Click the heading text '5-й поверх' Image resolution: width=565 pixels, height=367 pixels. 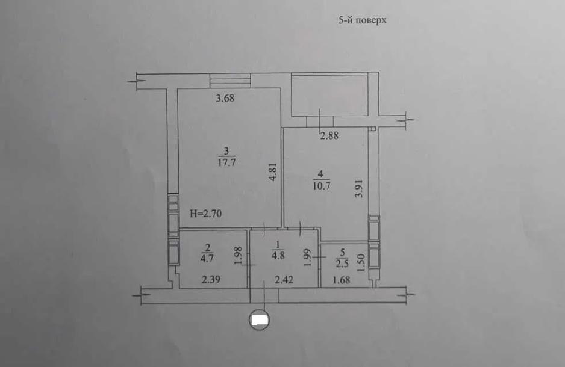click(362, 20)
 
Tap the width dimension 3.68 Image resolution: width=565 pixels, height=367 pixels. click(225, 98)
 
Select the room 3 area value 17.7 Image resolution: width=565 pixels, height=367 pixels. click(226, 162)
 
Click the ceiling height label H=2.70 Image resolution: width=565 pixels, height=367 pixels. click(206, 214)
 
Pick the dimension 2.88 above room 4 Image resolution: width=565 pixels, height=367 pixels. click(329, 135)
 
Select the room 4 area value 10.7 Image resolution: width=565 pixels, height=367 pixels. click(322, 187)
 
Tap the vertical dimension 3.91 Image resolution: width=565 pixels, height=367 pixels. click(358, 188)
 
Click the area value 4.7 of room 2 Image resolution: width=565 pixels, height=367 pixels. click(207, 258)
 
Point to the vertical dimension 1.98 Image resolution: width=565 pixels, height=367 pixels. click(238, 256)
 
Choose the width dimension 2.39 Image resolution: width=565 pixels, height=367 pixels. click(211, 280)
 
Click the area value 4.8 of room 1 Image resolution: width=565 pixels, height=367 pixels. click(278, 256)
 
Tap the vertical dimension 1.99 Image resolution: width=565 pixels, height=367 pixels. click(307, 258)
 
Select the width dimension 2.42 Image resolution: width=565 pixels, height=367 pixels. click(284, 280)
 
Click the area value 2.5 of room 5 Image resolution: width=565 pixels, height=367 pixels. click(342, 264)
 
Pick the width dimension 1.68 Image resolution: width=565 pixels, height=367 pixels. click(341, 280)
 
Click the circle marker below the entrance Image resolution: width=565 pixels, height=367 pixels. click(260, 320)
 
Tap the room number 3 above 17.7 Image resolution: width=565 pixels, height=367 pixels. click(226, 151)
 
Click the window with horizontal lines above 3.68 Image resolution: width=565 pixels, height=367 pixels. click(230, 81)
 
